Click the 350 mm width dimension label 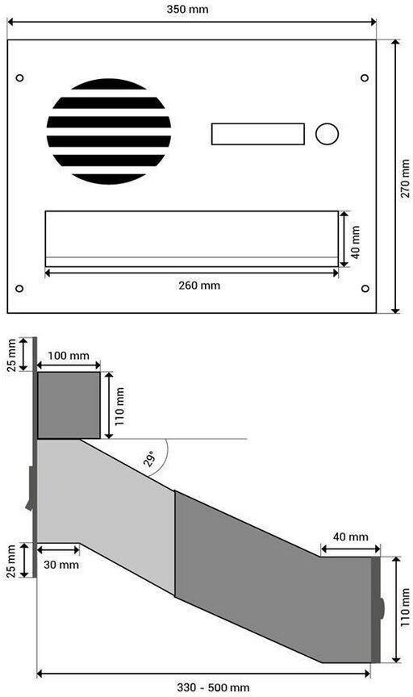187,9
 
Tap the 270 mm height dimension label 405,179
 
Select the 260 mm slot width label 199,285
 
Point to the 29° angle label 150,458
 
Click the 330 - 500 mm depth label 213,687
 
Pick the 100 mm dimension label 69,356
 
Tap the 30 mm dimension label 61,565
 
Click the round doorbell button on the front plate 327,134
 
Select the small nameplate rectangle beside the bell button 258,134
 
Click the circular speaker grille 109,131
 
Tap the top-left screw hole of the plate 19,77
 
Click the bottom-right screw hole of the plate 365,289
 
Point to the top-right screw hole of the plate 365,77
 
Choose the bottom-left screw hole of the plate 19,289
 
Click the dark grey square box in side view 69,405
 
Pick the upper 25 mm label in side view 11,355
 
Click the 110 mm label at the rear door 405,607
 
